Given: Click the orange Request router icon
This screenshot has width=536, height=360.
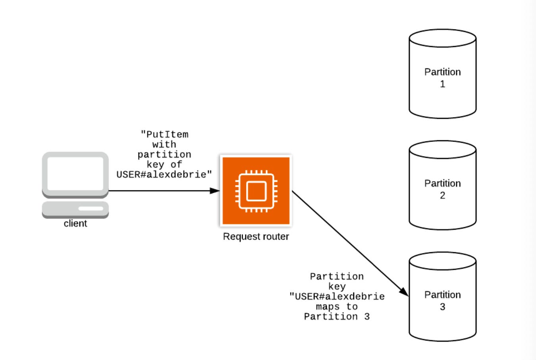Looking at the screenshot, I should point(256,191).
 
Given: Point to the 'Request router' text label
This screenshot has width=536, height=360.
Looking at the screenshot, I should point(256,236).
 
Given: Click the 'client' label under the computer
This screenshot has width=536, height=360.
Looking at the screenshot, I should point(75,224).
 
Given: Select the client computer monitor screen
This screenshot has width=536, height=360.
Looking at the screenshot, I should point(75,173).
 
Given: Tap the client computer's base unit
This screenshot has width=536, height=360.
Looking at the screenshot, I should point(75,209).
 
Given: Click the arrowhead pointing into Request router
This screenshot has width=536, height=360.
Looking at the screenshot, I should point(215,191).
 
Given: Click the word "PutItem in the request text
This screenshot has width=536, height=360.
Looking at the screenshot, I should point(164,134).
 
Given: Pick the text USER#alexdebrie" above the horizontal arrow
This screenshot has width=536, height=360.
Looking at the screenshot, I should point(164,174).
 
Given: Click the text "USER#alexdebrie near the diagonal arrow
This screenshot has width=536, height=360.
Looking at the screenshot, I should point(337,296).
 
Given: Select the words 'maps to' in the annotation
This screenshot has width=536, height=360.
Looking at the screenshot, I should point(337,306).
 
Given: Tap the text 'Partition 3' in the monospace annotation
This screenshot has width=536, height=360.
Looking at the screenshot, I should point(337,317).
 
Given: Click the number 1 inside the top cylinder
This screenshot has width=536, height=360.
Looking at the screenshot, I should point(442,84).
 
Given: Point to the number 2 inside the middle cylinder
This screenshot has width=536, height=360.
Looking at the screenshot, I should point(442,195).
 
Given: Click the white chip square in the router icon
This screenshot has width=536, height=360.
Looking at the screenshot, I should point(256,191).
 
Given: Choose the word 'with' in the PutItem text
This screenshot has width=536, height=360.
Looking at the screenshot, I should point(164,144).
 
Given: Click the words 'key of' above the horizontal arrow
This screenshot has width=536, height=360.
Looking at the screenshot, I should point(164,165).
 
